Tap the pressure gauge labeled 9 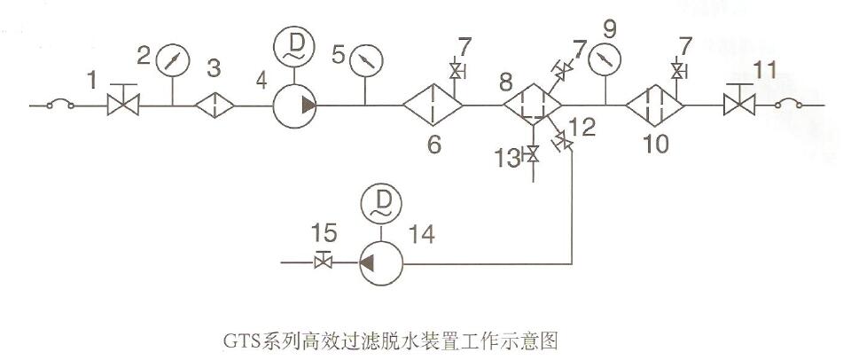coord(605,59)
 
